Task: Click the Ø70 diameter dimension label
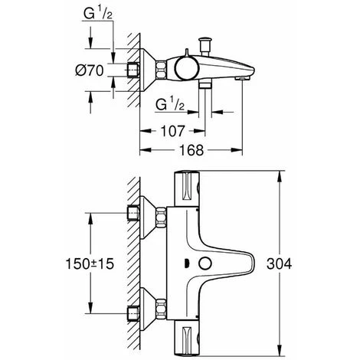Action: [x=90, y=70]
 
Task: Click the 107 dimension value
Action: [x=172, y=131]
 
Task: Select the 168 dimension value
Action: [x=191, y=150]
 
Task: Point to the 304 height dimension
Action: [x=279, y=263]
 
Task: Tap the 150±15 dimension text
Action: [x=90, y=263]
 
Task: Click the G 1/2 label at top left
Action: [x=98, y=14]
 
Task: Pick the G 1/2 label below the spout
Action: [x=170, y=104]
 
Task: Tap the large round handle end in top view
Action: [x=187, y=68]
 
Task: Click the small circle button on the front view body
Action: [x=205, y=263]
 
